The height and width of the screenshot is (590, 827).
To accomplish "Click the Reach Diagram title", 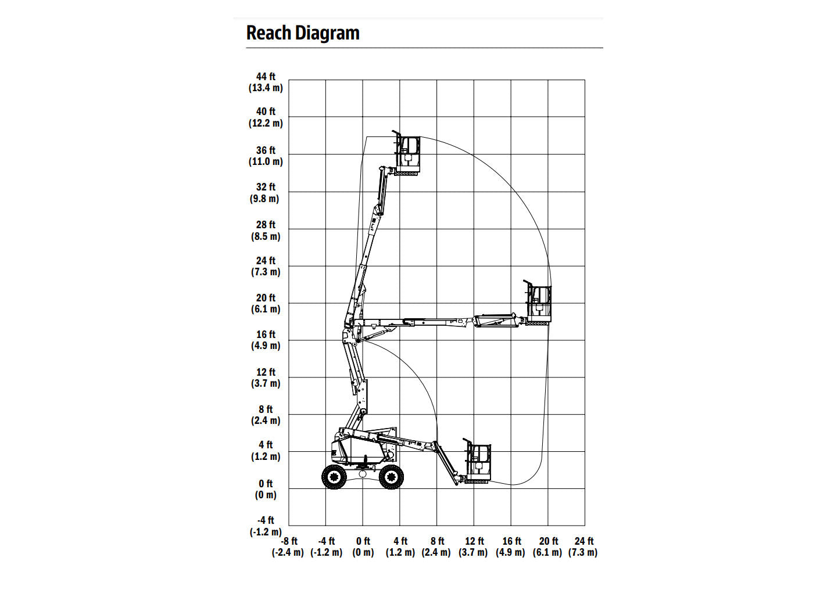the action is tap(303, 33).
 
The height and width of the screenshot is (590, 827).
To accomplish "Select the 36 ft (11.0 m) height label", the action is tap(266, 156).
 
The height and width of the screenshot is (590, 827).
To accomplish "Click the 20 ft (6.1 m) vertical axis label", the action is tap(266, 303).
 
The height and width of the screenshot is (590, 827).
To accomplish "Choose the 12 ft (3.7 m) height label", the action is tap(266, 377).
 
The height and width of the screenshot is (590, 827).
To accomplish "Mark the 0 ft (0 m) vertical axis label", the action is tap(266, 489).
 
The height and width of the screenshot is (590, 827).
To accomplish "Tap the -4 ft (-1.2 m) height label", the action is tap(266, 526).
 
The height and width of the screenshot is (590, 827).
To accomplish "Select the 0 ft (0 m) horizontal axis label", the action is tap(363, 546).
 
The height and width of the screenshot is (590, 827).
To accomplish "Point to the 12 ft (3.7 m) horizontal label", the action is tap(473, 546).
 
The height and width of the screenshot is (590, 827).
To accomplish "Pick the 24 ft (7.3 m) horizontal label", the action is tap(583, 546).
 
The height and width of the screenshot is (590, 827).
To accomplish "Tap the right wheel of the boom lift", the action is tap(391, 477).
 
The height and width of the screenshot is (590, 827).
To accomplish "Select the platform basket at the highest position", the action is tap(407, 153).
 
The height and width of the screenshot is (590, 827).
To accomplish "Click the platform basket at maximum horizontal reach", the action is tap(538, 303).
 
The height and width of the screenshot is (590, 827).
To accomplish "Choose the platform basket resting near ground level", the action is tap(478, 461).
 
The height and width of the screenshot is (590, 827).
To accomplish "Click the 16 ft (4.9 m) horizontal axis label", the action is tap(511, 546).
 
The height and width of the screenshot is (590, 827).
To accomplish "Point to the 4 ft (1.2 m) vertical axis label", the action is tap(266, 451).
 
